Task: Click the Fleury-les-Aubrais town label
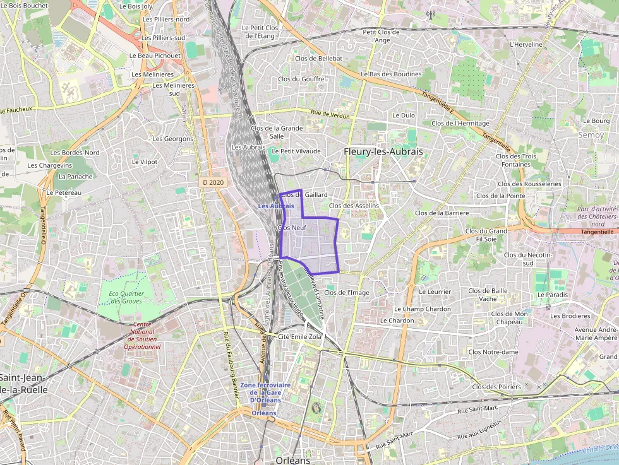point(383,152)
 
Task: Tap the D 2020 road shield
point(213,182)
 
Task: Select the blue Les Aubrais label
point(276,206)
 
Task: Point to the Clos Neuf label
point(292,227)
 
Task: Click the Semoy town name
point(591,135)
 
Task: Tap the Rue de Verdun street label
point(330,114)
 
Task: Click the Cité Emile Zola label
point(300,337)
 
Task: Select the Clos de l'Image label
point(346,293)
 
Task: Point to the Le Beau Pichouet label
point(155,56)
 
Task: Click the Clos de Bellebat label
point(318,59)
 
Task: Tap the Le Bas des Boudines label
point(391,74)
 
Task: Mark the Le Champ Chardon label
point(423,309)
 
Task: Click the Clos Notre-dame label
point(493,352)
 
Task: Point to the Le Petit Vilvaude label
point(296,151)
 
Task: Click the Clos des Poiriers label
point(496,387)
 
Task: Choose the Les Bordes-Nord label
point(75,153)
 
